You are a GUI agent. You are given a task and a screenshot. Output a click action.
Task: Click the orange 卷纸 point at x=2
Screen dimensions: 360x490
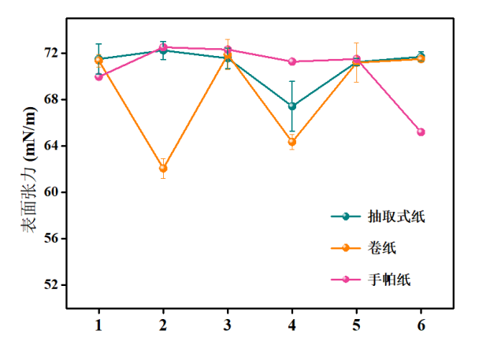[163, 168]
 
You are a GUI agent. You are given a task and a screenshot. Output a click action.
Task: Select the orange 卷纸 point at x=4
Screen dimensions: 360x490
[292, 142]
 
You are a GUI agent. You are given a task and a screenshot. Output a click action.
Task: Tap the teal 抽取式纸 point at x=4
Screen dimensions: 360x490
[292, 106]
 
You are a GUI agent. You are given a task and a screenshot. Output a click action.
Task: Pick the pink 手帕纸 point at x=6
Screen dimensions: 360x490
[421, 132]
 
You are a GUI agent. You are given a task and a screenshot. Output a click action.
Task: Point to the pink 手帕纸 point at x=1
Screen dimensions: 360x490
[98, 76]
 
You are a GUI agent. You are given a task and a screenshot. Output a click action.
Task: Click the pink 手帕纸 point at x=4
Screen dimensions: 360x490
[292, 61]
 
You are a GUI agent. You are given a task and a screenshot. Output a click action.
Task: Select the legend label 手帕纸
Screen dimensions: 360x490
[389, 280]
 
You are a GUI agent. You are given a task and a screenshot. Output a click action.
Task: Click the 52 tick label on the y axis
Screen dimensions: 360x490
[51, 284]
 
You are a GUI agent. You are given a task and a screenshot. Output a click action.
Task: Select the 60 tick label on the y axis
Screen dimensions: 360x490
[51, 192]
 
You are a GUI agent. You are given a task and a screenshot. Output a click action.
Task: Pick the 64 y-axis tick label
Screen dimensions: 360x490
[51, 146]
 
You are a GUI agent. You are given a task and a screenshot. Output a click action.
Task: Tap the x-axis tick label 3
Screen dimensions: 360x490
[228, 325]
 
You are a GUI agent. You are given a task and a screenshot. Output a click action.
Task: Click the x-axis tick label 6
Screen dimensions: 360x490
[421, 325]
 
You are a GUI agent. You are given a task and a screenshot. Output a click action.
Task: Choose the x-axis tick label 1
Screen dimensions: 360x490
[98, 325]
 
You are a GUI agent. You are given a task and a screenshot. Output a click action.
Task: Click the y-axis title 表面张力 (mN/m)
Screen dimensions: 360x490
[29, 170]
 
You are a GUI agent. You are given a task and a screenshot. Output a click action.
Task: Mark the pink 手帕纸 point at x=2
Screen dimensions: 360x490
[163, 47]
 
